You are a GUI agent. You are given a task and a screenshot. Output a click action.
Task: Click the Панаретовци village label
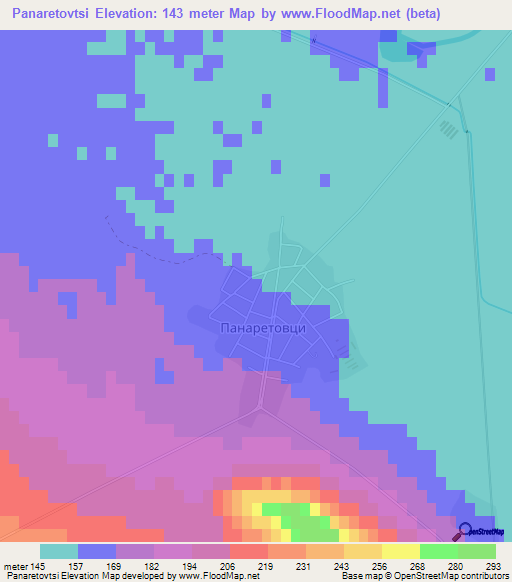pyautogui.click(x=261, y=327)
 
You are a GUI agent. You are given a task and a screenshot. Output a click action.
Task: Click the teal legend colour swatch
pyautogui.click(x=59, y=551)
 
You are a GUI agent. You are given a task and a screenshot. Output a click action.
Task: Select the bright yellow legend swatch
pyautogui.click(x=400, y=551)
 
